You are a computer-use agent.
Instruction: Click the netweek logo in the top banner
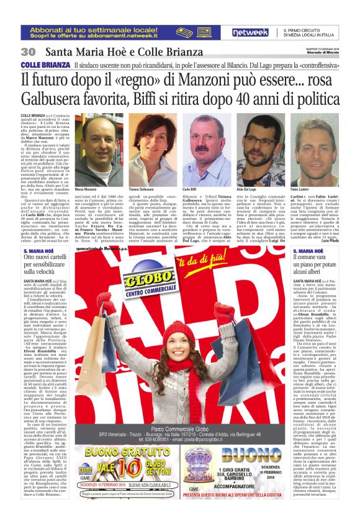click(x=250, y=32)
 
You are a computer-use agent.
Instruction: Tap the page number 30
click(x=29, y=52)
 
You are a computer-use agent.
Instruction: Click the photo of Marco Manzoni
click(x=97, y=149)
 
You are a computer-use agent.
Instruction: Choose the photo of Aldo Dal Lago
click(x=261, y=149)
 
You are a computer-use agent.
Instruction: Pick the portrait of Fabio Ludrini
click(x=313, y=149)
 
